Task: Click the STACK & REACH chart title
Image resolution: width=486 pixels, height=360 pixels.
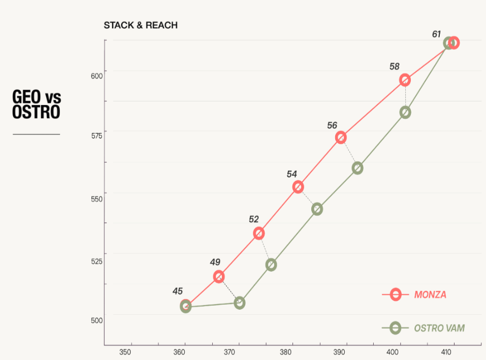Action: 141,25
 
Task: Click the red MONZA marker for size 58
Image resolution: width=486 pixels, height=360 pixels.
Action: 405,80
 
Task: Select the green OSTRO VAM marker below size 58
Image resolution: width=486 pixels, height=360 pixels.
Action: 405,112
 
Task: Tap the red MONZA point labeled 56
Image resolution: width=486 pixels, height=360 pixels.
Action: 341,138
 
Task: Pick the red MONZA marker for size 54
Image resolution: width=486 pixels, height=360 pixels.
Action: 298,187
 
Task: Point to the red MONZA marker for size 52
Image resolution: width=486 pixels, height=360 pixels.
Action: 259,233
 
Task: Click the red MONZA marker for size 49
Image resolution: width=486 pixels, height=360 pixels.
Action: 219,276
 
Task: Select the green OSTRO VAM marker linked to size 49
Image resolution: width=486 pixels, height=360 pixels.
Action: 240,303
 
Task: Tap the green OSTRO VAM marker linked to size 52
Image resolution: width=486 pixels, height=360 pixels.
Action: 271,265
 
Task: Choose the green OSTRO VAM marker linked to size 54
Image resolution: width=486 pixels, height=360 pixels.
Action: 317,209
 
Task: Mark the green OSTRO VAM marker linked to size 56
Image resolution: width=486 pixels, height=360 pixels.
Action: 358,168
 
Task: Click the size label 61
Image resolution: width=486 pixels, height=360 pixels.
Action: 436,35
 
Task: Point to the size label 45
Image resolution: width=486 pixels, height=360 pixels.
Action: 177,291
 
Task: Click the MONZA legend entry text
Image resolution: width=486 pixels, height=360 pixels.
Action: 430,294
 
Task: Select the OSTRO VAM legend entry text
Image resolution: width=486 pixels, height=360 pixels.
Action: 439,328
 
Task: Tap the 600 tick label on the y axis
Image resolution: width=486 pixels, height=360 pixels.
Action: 96,76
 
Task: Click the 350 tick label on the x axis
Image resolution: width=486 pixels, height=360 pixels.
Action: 125,353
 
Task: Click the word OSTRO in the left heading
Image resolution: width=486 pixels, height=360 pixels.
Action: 36,112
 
